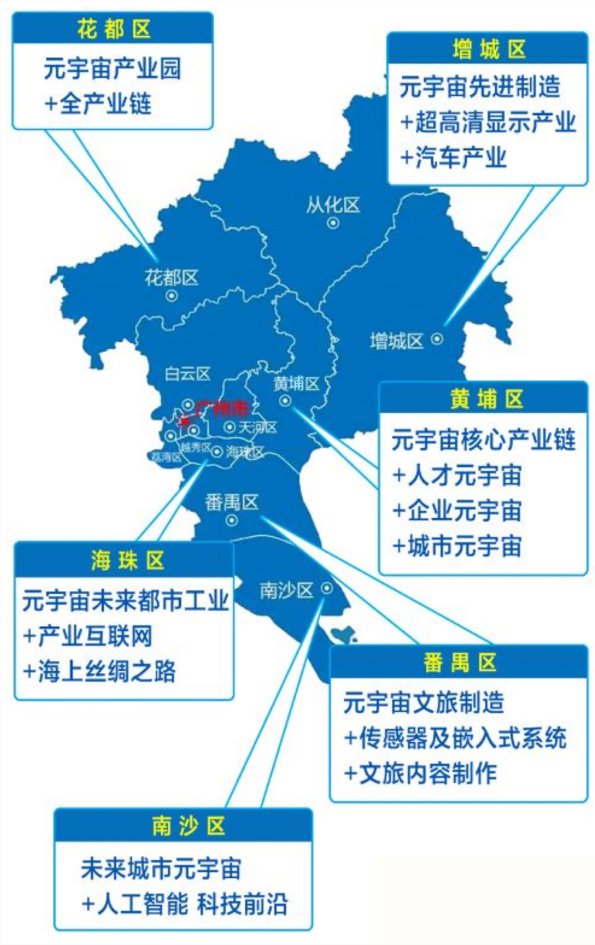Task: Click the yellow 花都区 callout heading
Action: (113, 28)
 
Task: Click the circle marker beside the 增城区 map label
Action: (437, 340)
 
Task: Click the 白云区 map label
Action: (187, 374)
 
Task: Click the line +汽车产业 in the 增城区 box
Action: (454, 158)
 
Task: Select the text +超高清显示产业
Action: (487, 123)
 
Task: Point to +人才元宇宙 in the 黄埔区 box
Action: (457, 476)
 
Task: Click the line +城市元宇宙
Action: (457, 546)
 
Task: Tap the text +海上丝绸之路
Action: (99, 671)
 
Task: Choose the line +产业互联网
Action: (87, 636)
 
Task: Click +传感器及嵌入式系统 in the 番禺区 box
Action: (455, 738)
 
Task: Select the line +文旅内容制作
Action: (420, 773)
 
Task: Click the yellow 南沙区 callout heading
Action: (188, 826)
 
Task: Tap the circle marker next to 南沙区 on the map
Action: (327, 588)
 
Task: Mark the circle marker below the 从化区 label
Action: (333, 223)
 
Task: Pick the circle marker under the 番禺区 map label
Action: (232, 520)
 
